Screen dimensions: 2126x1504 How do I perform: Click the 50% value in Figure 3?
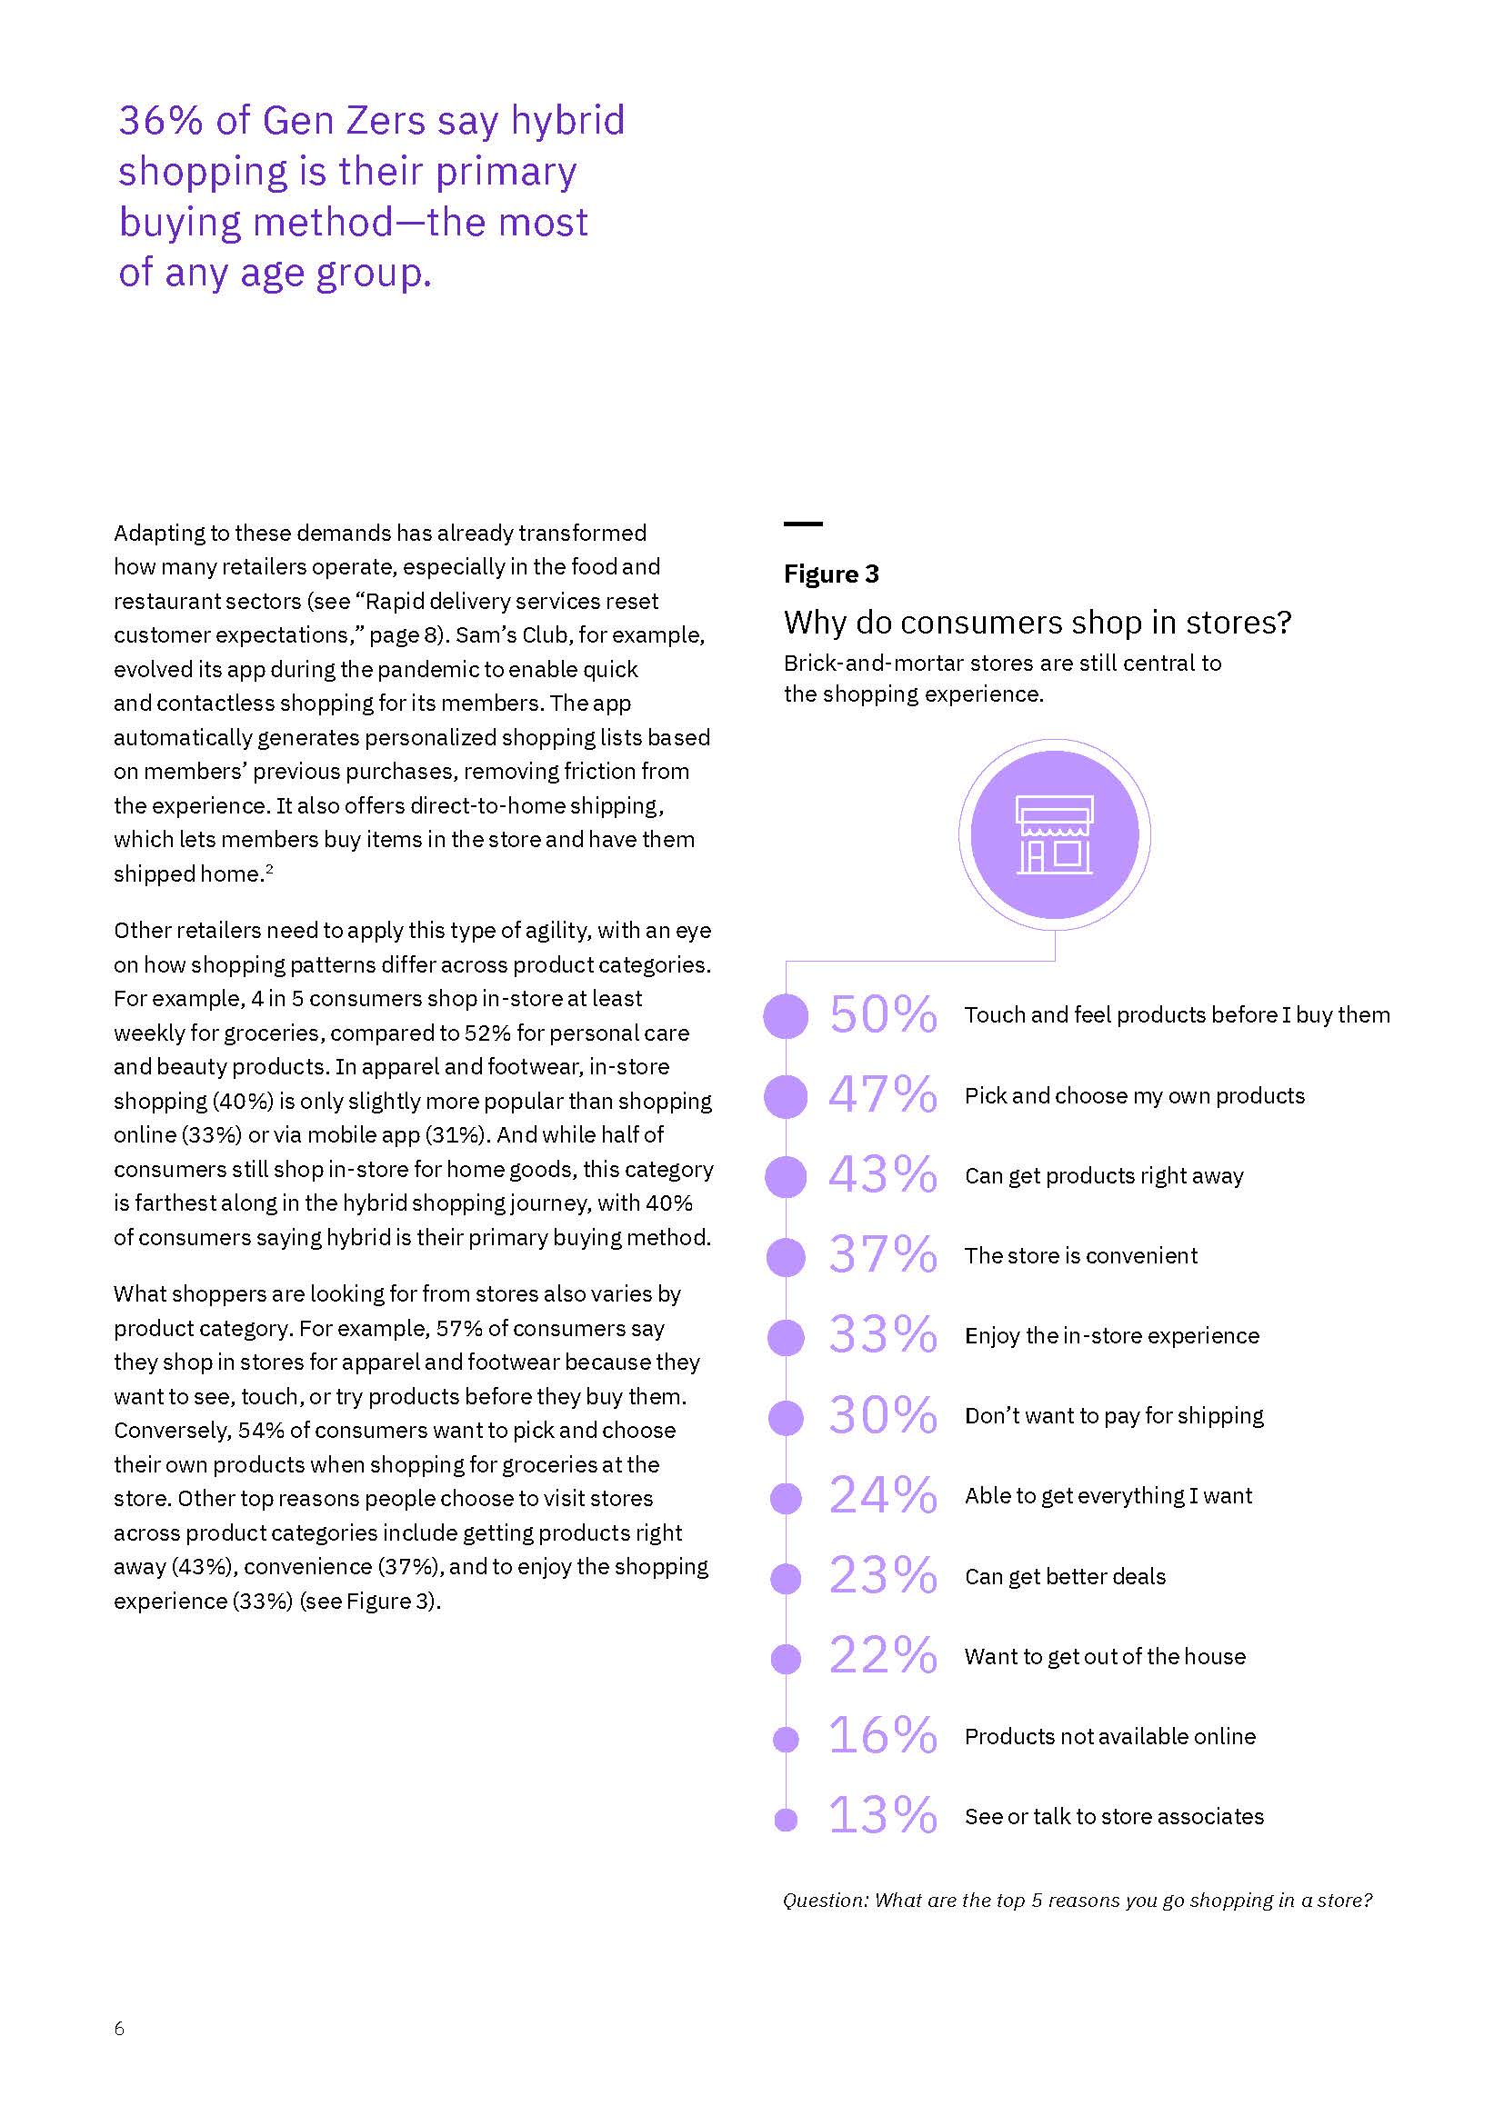882,1015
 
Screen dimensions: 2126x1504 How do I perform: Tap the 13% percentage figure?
882,1816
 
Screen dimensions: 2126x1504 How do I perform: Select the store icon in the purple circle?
1054,835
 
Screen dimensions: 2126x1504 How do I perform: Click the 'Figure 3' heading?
831,574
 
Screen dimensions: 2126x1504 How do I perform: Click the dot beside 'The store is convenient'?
786,1256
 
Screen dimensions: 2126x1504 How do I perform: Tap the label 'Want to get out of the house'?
1105,1657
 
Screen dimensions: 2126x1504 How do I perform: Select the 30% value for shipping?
882,1416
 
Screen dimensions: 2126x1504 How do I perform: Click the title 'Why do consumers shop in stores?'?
1038,623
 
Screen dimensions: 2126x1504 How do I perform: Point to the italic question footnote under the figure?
1077,1900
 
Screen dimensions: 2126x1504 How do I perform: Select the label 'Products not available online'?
1109,1736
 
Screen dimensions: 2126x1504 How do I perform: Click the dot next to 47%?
786,1096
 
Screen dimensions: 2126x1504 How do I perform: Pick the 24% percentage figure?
882,1495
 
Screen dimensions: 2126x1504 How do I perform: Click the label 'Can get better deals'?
1065,1576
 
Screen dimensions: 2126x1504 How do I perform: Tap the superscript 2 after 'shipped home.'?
269,869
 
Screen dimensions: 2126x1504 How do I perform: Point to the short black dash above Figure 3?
803,524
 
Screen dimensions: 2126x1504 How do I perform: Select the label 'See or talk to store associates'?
1114,1816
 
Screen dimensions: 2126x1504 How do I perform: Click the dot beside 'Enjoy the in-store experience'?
786,1336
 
